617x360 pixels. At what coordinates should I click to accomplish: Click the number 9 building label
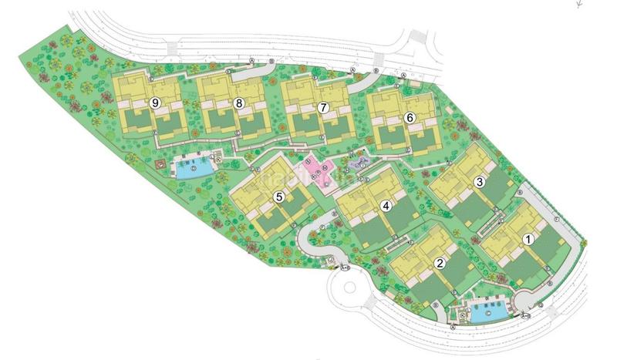155,103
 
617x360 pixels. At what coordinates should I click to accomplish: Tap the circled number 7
323,108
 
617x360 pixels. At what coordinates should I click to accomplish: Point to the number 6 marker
410,117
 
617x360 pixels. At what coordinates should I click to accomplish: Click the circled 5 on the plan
279,197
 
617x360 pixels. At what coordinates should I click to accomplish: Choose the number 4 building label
386,206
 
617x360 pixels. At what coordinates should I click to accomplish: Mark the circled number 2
440,263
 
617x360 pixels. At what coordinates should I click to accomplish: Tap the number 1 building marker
528,239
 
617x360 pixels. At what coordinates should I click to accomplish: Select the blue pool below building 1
486,314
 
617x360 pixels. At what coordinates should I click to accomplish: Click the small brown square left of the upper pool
160,164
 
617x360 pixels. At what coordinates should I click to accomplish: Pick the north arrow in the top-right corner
576,3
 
